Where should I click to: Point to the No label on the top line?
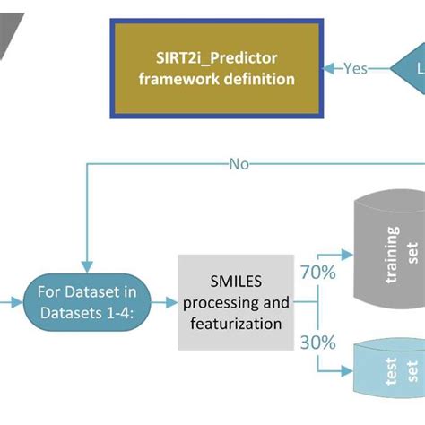(239, 163)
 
